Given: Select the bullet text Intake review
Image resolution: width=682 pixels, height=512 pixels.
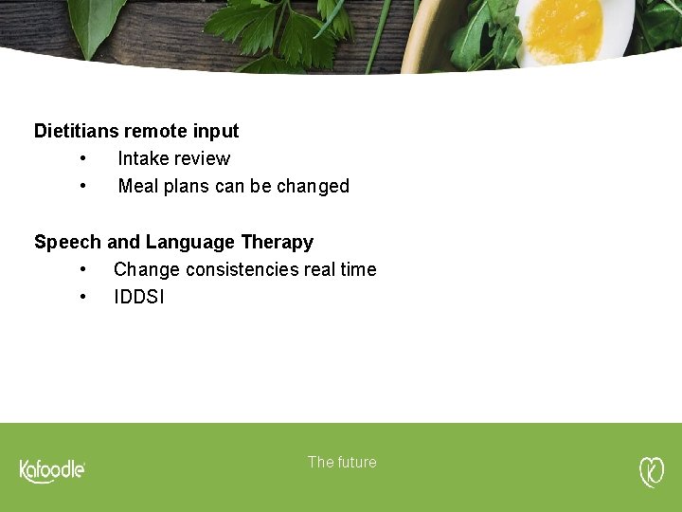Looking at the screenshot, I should pos(173,158).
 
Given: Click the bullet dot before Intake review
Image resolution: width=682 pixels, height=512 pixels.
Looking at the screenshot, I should pos(84,158).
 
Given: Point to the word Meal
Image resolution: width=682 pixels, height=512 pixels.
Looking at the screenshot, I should pos(138,186).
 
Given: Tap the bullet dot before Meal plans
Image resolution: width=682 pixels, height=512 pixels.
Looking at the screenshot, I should pos(84,186).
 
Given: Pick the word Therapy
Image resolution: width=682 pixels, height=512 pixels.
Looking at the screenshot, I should pos(277,242).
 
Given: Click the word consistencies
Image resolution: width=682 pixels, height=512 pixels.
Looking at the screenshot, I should pos(242,269).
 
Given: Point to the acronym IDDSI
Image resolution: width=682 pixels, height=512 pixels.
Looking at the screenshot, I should pos(138,297).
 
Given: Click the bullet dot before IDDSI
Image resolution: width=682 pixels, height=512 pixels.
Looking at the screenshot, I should pos(84,297).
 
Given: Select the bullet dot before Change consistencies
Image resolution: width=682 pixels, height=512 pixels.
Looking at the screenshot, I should pos(84,269).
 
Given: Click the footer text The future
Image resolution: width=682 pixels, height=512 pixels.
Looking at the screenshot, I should pos(342,462).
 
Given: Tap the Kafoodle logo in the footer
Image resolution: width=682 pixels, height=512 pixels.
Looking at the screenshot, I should pos(53,470).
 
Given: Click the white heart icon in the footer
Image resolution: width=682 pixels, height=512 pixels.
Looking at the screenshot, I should pos(652,471).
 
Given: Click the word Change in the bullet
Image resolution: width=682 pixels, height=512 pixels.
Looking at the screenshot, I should pos(146,269).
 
